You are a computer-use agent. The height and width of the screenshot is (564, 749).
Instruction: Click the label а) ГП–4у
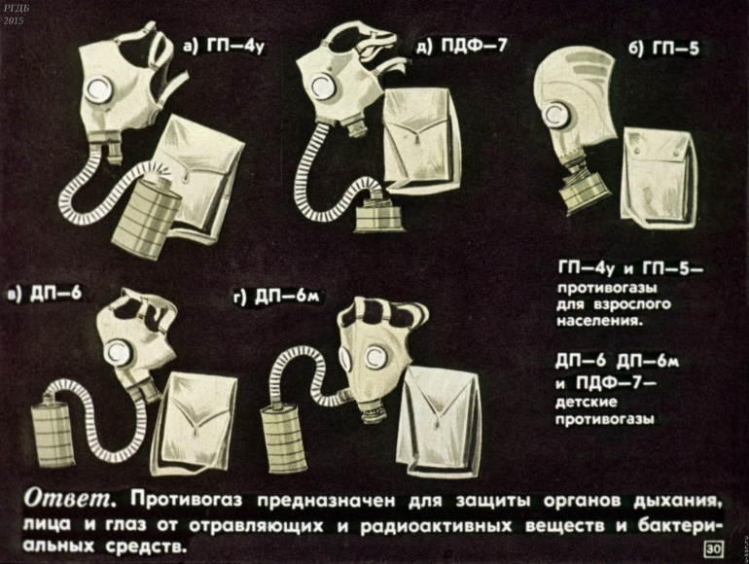pyautogui.click(x=224, y=47)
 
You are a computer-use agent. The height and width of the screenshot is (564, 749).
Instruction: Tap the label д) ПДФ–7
pyautogui.click(x=461, y=47)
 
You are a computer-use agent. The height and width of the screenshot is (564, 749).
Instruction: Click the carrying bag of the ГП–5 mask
pyautogui.click(x=659, y=177)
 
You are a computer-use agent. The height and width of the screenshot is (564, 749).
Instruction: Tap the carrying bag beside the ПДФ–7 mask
pyautogui.click(x=419, y=141)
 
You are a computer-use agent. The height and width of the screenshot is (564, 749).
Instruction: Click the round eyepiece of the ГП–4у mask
pyautogui.click(x=101, y=88)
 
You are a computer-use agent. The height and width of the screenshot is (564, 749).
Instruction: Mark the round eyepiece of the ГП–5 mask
pyautogui.click(x=557, y=115)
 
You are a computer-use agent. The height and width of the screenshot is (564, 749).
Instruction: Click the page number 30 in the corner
pyautogui.click(x=713, y=549)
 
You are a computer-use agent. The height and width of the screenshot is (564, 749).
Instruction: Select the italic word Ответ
pyautogui.click(x=69, y=499)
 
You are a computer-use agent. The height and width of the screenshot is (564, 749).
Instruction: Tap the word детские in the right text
pyautogui.click(x=587, y=403)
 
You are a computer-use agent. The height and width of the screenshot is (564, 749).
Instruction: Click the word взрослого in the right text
pyautogui.click(x=633, y=303)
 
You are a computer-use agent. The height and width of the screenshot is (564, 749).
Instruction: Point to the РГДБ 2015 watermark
pyautogui.click(x=14, y=15)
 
